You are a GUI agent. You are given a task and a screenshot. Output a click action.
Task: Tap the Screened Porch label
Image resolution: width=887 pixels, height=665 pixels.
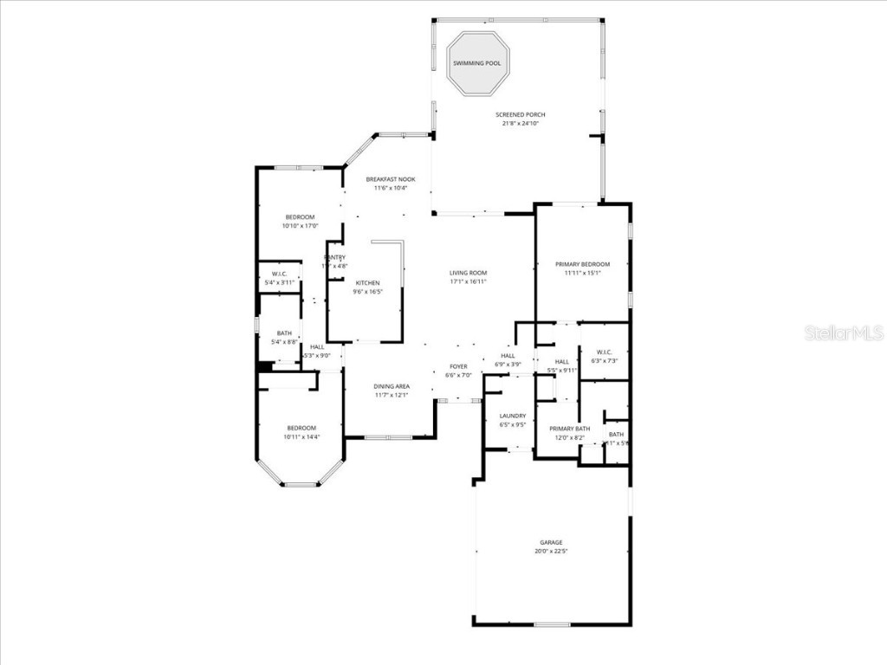(x=520, y=114)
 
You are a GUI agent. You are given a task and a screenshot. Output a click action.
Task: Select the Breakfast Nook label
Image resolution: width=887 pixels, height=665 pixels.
(x=390, y=179)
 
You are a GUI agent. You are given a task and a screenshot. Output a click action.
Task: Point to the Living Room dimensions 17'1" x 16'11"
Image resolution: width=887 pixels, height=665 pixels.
(x=468, y=281)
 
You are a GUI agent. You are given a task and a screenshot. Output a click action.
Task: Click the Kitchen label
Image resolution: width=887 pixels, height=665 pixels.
(x=367, y=283)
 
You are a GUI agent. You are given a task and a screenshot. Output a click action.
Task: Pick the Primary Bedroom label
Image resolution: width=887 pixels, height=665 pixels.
(x=582, y=264)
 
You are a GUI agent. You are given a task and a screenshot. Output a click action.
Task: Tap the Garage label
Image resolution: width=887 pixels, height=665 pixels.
(x=552, y=542)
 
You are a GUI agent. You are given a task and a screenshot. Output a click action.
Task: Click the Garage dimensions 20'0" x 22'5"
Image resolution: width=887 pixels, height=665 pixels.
(x=552, y=551)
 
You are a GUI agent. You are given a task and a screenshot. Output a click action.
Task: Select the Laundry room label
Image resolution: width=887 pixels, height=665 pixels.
(x=513, y=416)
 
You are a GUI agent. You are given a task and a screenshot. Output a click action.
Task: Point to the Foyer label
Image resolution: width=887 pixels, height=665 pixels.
(x=458, y=367)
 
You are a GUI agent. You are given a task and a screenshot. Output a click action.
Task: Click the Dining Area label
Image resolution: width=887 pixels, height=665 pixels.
(x=392, y=386)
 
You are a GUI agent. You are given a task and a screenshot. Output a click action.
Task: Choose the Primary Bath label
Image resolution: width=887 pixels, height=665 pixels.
(x=569, y=429)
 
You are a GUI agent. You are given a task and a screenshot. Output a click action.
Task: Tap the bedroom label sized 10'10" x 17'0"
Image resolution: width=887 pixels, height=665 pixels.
(x=300, y=216)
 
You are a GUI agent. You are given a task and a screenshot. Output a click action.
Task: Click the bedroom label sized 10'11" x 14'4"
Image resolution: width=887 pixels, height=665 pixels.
(x=301, y=428)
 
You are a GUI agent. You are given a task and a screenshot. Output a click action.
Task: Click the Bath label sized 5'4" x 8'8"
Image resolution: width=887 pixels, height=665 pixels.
(x=284, y=333)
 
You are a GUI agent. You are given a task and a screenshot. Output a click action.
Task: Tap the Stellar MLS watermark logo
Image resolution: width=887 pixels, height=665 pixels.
(x=843, y=333)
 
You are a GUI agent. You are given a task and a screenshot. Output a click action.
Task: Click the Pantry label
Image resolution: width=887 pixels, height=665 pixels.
(x=335, y=257)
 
